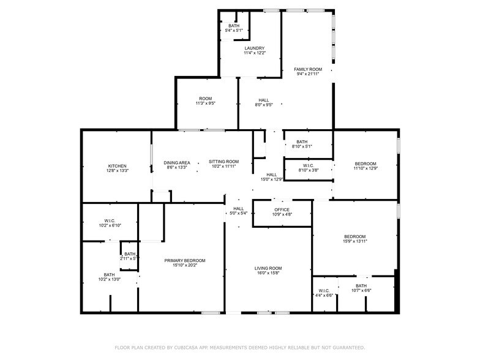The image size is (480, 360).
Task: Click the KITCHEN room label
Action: pyautogui.click(x=118, y=167)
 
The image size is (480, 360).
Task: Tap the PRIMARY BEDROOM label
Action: pyautogui.click(x=185, y=261)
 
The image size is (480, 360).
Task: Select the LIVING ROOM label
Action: pyautogui.click(x=268, y=268)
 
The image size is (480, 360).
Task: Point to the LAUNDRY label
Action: pyautogui.click(x=255, y=48)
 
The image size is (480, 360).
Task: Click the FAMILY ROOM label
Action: pyautogui.click(x=308, y=70)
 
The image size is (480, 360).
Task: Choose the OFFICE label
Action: pyautogui.click(x=282, y=209)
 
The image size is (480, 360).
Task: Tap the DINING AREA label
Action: pyautogui.click(x=177, y=163)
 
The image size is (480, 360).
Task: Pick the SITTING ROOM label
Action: pyautogui.click(x=224, y=162)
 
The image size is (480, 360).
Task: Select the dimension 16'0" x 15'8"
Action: pyautogui.click(x=268, y=273)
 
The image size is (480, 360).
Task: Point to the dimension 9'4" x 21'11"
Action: pyautogui.click(x=308, y=74)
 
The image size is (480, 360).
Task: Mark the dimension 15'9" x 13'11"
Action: pyautogui.click(x=355, y=241)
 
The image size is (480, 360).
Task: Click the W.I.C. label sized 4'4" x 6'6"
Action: pyautogui.click(x=324, y=291)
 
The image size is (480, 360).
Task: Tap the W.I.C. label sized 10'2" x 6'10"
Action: pyautogui.click(x=110, y=220)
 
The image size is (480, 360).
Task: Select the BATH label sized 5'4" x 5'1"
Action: pyautogui.click(x=234, y=26)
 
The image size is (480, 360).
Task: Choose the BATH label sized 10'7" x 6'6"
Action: pyautogui.click(x=361, y=286)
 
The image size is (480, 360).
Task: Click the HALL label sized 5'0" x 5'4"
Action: pyautogui.click(x=239, y=209)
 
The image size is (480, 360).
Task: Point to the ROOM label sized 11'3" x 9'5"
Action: pyautogui.click(x=206, y=99)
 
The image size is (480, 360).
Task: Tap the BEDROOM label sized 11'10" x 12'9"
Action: pyautogui.click(x=366, y=164)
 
